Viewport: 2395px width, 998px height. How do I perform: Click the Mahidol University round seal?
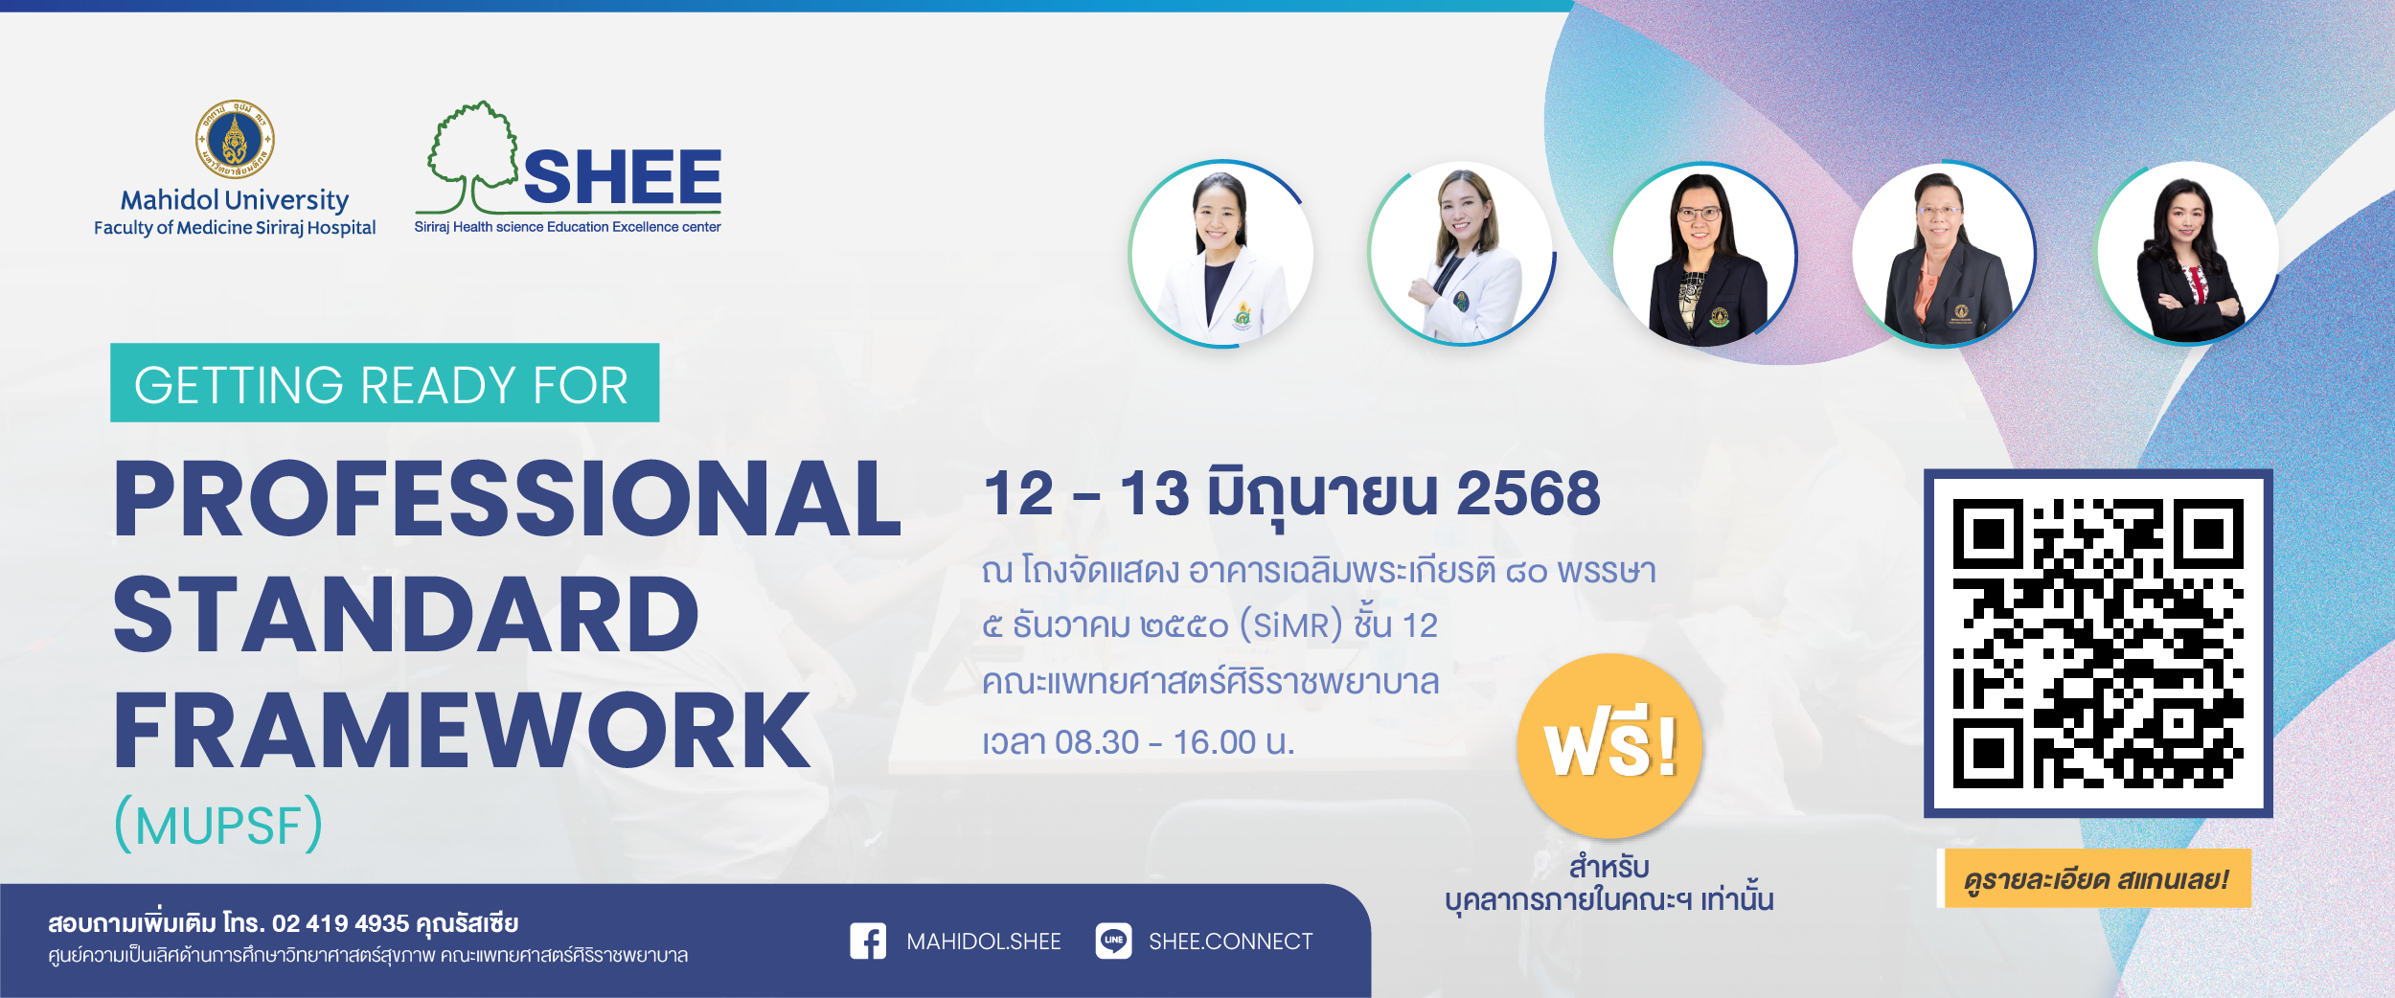pos(235,139)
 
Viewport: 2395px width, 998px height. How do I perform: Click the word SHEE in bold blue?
pos(623,178)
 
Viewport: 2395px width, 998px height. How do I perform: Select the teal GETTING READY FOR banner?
pos(385,382)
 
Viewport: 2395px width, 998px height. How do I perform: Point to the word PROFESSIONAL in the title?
pos(508,499)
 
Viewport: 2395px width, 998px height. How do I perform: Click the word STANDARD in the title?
pos(406,615)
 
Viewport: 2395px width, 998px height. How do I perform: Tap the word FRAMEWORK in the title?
pos(462,731)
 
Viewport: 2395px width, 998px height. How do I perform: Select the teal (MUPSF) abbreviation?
pos(218,824)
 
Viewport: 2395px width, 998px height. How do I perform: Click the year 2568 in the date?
pos(1528,494)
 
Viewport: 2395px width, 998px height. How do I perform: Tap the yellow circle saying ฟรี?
pos(1610,746)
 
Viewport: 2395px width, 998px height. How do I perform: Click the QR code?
pos(2098,644)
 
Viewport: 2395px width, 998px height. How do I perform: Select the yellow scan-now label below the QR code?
pos(2094,878)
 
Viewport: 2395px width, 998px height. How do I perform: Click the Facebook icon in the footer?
pos(868,941)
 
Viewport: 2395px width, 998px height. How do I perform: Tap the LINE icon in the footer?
pos(1113,941)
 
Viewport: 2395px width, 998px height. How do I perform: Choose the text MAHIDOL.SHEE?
pos(984,942)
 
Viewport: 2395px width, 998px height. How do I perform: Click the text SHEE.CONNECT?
pos(1231,942)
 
